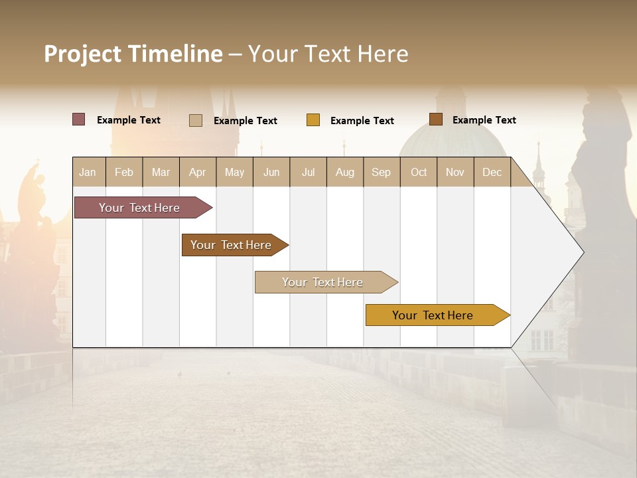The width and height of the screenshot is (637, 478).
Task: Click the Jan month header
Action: pyautogui.click(x=88, y=172)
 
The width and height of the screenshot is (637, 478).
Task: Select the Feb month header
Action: pyautogui.click(x=124, y=172)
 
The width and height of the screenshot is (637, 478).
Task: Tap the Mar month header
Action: pyautogui.click(x=161, y=172)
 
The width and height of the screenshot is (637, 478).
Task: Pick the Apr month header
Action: pyautogui.click(x=198, y=172)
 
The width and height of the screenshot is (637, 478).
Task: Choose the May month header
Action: pyautogui.click(x=234, y=172)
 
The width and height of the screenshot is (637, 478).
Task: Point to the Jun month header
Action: pyautogui.click(x=271, y=172)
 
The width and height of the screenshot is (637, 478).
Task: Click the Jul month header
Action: pyautogui.click(x=308, y=172)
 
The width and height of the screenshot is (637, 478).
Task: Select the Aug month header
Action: pyautogui.click(x=345, y=172)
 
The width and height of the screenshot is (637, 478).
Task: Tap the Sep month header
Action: pyautogui.click(x=382, y=172)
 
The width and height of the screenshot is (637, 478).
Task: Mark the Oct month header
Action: pyautogui.click(x=419, y=172)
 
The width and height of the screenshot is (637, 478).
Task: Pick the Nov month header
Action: pyautogui.click(x=455, y=172)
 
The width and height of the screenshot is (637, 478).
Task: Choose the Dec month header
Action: pyautogui.click(x=492, y=172)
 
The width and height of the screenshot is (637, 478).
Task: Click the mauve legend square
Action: pyautogui.click(x=79, y=119)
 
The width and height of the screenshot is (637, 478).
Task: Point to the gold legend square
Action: pyautogui.click(x=313, y=120)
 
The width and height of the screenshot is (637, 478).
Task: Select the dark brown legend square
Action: pyautogui.click(x=436, y=119)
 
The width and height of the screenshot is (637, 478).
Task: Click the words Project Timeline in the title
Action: pyautogui.click(x=133, y=54)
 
